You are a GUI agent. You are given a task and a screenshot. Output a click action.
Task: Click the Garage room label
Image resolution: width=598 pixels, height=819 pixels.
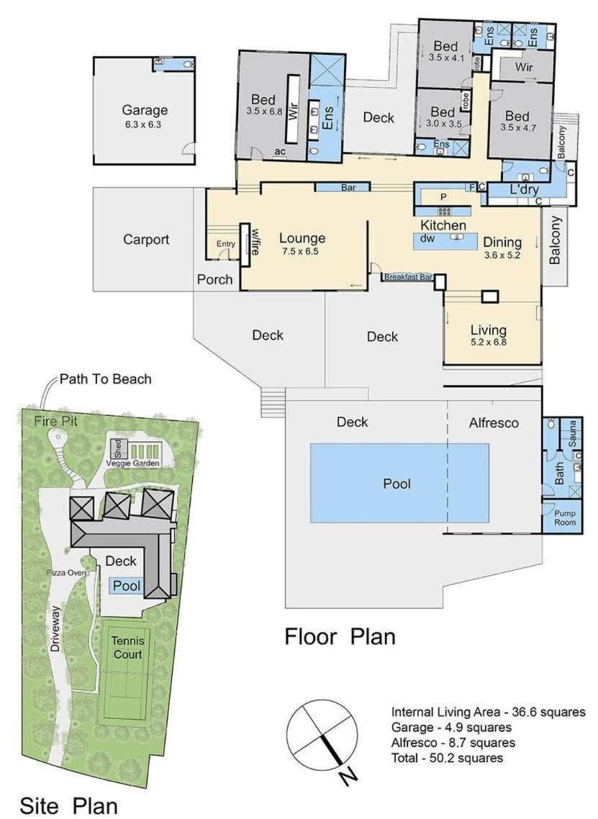(x=145, y=110)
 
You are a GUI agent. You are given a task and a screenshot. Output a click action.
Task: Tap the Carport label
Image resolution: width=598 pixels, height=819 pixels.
(x=146, y=240)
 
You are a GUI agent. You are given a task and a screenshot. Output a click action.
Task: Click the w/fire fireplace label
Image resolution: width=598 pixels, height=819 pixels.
(x=255, y=241)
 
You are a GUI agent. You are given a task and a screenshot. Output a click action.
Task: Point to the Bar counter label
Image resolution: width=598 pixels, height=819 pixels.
(x=348, y=187)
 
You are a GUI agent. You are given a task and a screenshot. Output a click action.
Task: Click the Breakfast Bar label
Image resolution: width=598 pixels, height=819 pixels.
(x=409, y=277)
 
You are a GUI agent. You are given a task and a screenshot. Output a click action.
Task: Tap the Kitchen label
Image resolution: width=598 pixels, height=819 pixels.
(x=443, y=225)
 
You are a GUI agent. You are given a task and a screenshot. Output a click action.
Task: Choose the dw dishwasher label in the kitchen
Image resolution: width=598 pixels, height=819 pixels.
(x=427, y=237)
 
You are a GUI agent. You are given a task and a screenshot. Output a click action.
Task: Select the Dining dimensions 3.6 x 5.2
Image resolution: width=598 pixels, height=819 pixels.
(x=502, y=255)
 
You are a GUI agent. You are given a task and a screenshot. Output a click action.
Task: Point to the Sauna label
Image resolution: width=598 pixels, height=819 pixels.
(x=572, y=433)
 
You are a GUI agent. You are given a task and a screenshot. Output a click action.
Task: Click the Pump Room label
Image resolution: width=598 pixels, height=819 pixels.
(x=565, y=517)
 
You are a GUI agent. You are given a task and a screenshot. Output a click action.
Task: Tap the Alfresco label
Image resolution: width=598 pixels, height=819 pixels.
(x=494, y=422)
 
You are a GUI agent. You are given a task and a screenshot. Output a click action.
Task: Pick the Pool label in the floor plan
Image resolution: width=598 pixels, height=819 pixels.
(x=397, y=484)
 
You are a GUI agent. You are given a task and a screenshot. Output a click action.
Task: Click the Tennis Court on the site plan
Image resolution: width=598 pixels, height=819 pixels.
(x=127, y=647)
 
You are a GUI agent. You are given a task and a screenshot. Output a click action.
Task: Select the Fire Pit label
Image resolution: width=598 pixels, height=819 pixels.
(x=56, y=421)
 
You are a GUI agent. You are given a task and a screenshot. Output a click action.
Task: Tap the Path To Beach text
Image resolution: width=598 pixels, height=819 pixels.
(x=106, y=379)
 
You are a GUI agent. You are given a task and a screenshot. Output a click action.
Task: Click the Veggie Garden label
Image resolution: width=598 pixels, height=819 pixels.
(x=132, y=463)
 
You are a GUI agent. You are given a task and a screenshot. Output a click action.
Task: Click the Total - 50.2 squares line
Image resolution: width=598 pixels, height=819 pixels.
(x=448, y=758)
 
